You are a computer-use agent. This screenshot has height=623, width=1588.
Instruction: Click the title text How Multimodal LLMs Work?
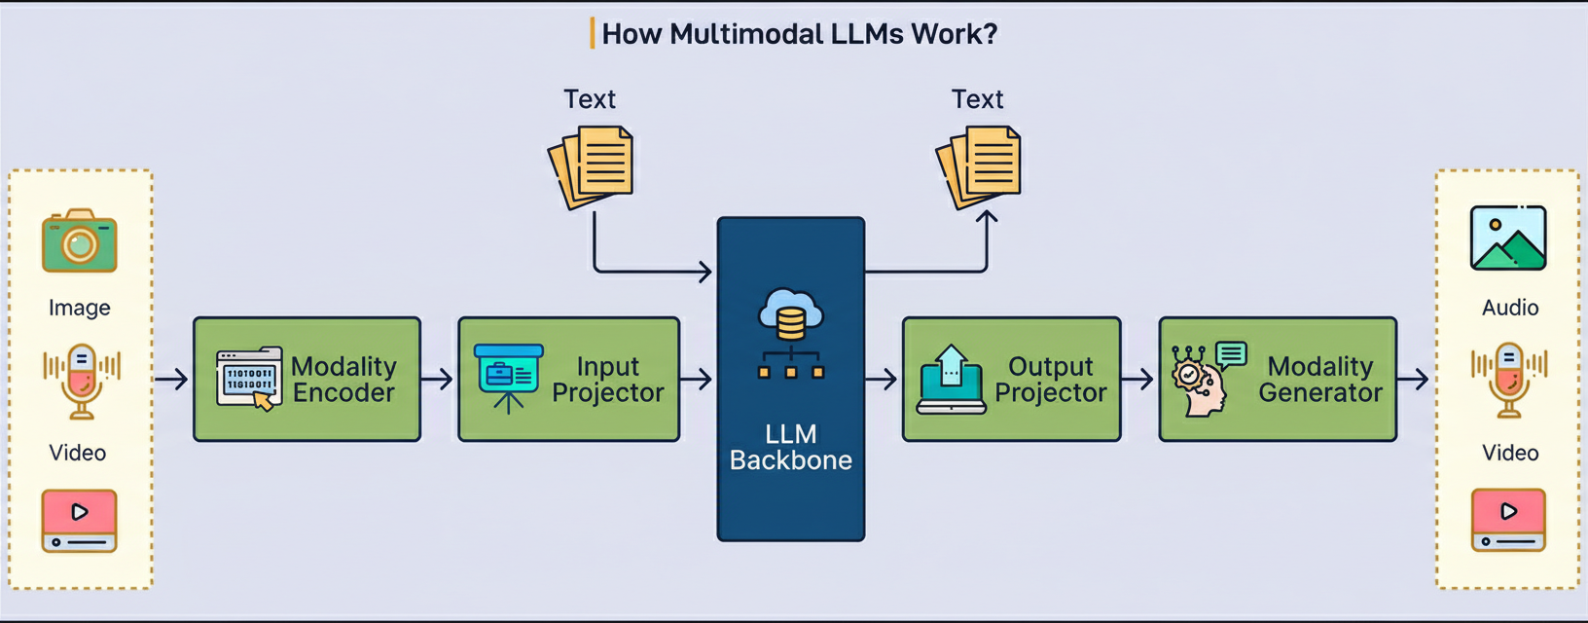[x=799, y=34]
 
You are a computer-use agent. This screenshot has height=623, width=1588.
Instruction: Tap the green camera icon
[x=80, y=240]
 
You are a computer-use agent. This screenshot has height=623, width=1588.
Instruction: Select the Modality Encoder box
[x=307, y=379]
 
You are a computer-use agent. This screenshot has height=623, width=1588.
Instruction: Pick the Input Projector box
[x=568, y=379]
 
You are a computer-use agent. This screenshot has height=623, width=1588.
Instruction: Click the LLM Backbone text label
[x=790, y=447]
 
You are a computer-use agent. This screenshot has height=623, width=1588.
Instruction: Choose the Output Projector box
[x=1011, y=379]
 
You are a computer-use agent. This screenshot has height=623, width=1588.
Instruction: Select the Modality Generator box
[x=1278, y=379]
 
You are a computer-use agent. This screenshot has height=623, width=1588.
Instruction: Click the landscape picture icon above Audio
[x=1507, y=238]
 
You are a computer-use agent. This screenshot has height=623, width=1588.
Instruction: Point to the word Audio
[x=1510, y=308]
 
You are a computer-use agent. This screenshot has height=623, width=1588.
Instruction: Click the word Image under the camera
[x=80, y=308]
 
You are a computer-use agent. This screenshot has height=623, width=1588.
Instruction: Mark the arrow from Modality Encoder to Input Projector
[x=438, y=379]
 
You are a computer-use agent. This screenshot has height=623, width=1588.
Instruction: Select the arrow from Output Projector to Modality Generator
[x=1138, y=379]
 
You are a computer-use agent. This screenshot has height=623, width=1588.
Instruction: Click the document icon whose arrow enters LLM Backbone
[x=592, y=166]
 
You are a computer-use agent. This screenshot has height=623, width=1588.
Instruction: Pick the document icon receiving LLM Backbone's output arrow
[x=979, y=166]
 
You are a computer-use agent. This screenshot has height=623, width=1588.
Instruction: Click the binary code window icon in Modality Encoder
[x=249, y=378]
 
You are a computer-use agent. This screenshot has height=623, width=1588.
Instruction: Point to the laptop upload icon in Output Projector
[x=951, y=380]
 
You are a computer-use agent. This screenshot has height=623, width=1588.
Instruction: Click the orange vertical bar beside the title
[x=592, y=34]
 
